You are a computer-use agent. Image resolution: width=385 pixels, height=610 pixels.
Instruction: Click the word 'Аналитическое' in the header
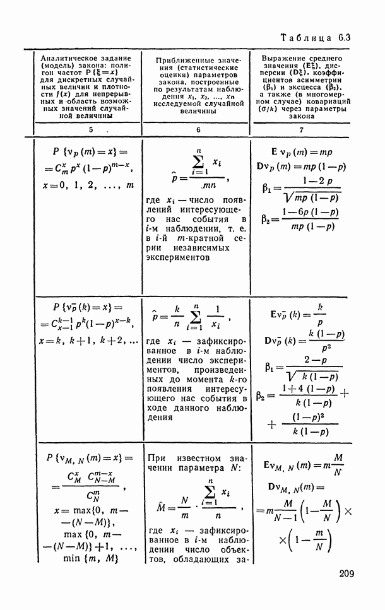[67, 57]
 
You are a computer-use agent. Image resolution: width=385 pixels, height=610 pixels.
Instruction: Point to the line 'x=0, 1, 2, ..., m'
[86, 185]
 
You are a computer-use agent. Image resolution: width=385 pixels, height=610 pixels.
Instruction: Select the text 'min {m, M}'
[88, 558]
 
